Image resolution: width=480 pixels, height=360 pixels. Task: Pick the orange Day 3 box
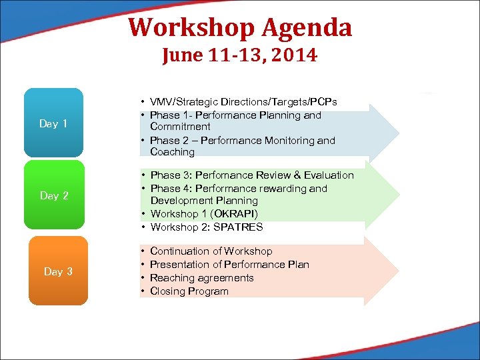tap(58, 271)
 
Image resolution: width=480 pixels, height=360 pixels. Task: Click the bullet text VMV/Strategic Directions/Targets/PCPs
tap(243, 102)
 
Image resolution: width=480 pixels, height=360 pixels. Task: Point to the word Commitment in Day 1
tap(180, 127)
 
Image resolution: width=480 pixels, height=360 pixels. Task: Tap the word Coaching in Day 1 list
tap(172, 152)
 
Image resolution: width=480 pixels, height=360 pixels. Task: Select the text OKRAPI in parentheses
tap(234, 214)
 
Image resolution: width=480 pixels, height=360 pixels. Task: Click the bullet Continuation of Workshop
tap(211, 251)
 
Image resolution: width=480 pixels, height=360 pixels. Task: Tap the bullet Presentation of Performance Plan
tap(229, 265)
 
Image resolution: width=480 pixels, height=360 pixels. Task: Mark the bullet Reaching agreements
tap(201, 278)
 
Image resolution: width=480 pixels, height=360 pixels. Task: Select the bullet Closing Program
tap(189, 291)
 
